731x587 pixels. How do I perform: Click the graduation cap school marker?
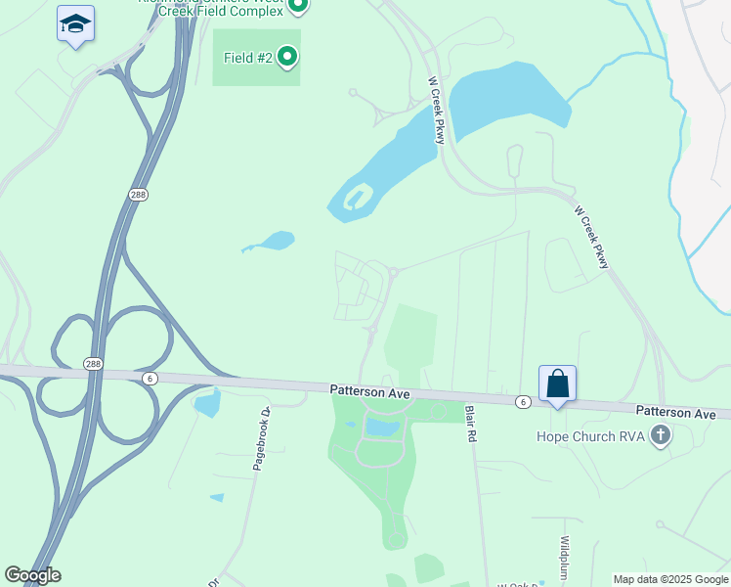coord(75,23)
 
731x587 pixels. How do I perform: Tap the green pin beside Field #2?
coord(287,58)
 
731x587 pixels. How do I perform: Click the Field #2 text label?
coord(247,58)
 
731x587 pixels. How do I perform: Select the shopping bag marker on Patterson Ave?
coord(557,383)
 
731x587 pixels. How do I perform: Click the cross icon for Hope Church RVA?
coord(661,435)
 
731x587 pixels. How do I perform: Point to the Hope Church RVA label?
coord(591,436)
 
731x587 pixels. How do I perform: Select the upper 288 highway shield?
coord(139,195)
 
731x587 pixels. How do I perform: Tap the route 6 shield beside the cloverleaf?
coord(150,378)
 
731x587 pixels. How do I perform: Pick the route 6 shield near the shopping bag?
coord(524,402)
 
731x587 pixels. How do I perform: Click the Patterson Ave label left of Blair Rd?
coord(367,391)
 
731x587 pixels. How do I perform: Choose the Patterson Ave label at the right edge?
coord(675,413)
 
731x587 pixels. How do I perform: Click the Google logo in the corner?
coord(32,575)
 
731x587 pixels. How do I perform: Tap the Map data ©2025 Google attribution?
coord(670,579)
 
